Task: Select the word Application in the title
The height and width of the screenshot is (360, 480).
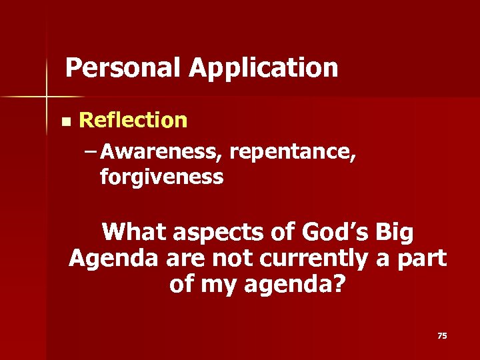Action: [x=263, y=68]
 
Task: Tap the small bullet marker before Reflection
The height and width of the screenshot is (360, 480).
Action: [x=64, y=122]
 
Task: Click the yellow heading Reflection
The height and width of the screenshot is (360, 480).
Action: [x=133, y=120]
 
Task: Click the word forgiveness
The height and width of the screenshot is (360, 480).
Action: [x=161, y=177]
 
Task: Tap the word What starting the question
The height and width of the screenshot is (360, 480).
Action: [x=136, y=233]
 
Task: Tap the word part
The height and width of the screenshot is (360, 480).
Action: [x=421, y=259]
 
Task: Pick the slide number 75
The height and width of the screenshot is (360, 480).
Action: [x=441, y=336]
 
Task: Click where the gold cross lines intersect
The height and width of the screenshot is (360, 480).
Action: [x=47, y=97]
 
